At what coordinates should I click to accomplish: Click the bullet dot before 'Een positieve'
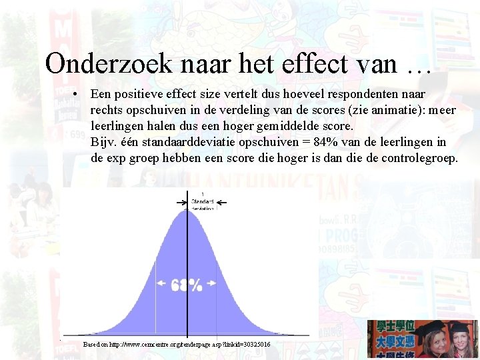click(79, 95)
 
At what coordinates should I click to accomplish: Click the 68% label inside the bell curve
click(187, 285)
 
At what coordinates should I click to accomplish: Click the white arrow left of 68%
click(162, 283)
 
